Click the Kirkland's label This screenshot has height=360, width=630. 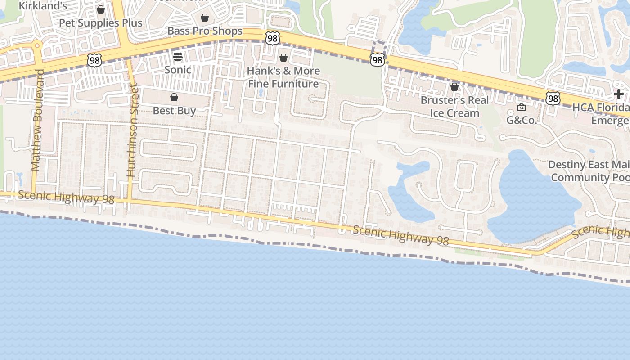pyautogui.click(x=43, y=6)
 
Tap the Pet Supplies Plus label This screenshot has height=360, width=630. pyautogui.click(x=101, y=23)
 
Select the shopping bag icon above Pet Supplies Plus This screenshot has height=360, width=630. pyautogui.click(x=101, y=9)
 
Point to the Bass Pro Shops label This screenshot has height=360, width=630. pyautogui.click(x=205, y=31)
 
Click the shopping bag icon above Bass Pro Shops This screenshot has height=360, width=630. pyautogui.click(x=205, y=18)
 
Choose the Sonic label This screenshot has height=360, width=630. pyautogui.click(x=178, y=70)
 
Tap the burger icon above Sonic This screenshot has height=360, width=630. pyautogui.click(x=178, y=57)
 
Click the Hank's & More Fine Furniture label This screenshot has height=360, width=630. pyautogui.click(x=283, y=77)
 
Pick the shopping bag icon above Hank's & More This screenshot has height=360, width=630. pyautogui.click(x=283, y=58)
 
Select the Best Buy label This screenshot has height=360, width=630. pyautogui.click(x=174, y=111)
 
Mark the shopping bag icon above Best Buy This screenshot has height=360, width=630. pyautogui.click(x=174, y=97)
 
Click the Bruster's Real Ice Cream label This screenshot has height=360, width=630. pyautogui.click(x=454, y=107)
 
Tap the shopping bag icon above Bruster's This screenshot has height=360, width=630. pyautogui.click(x=454, y=86)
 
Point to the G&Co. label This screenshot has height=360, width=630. pyautogui.click(x=522, y=120)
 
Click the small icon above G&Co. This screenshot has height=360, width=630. pyautogui.click(x=522, y=107)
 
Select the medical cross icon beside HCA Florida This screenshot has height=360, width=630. pyautogui.click(x=619, y=94)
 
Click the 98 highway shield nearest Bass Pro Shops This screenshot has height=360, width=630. pyautogui.click(x=272, y=38)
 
